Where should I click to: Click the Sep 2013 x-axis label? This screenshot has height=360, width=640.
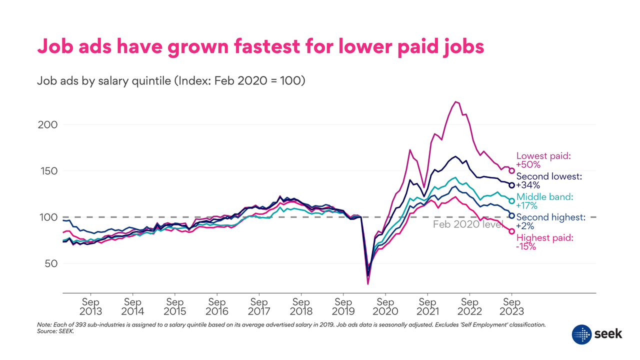click(x=90, y=306)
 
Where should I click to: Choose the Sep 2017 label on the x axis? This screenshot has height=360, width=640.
click(x=258, y=306)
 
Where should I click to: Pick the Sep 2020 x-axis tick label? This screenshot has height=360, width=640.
click(x=385, y=306)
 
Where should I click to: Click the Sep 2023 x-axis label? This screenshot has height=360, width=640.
click(x=511, y=306)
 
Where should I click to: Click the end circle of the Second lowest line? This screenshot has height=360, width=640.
click(x=511, y=185)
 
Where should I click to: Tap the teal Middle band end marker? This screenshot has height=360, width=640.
click(x=511, y=201)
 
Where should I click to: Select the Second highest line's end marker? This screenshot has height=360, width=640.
click(x=511, y=215)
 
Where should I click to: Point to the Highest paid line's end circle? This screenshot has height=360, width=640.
click(x=511, y=231)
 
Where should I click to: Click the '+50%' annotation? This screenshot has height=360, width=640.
click(x=527, y=164)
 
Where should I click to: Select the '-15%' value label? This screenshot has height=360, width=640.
click(x=526, y=246)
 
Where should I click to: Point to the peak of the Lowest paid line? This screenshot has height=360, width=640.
click(x=455, y=102)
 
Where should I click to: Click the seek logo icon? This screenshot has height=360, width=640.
click(x=581, y=333)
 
